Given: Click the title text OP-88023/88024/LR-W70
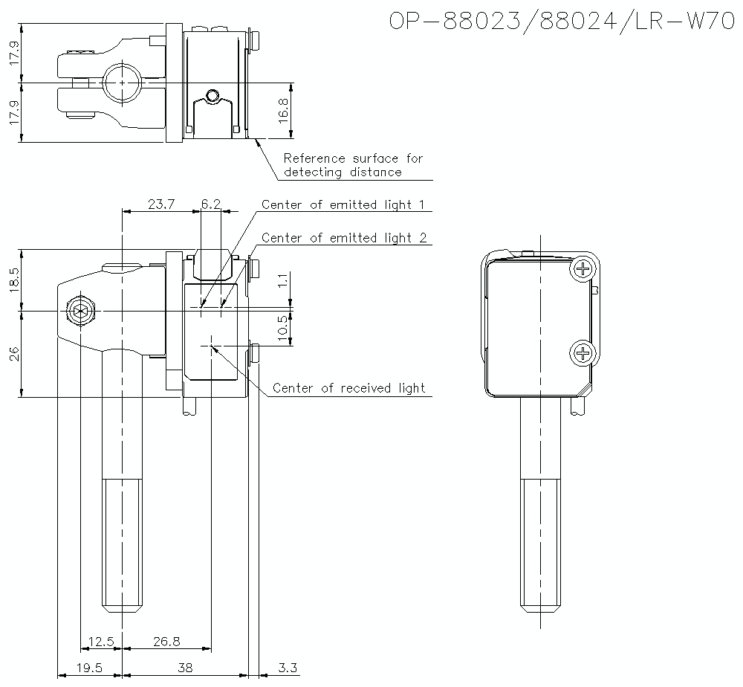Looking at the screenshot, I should (x=557, y=22).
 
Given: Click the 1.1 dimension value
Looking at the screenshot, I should (x=283, y=281).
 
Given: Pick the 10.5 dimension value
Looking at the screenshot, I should (x=283, y=327).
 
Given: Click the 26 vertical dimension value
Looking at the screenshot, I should (x=15, y=353).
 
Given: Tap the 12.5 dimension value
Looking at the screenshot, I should (x=101, y=642).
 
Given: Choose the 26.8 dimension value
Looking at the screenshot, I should (x=166, y=642).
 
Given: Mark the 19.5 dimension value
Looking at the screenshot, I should (x=89, y=668).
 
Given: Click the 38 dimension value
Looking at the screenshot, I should (x=184, y=668).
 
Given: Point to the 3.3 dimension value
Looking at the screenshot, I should (x=287, y=668).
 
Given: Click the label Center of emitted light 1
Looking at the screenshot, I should (x=344, y=205).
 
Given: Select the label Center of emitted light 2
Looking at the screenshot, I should (x=344, y=238).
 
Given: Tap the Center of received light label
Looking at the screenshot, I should (x=349, y=388).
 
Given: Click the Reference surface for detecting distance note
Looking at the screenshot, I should (x=353, y=165).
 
